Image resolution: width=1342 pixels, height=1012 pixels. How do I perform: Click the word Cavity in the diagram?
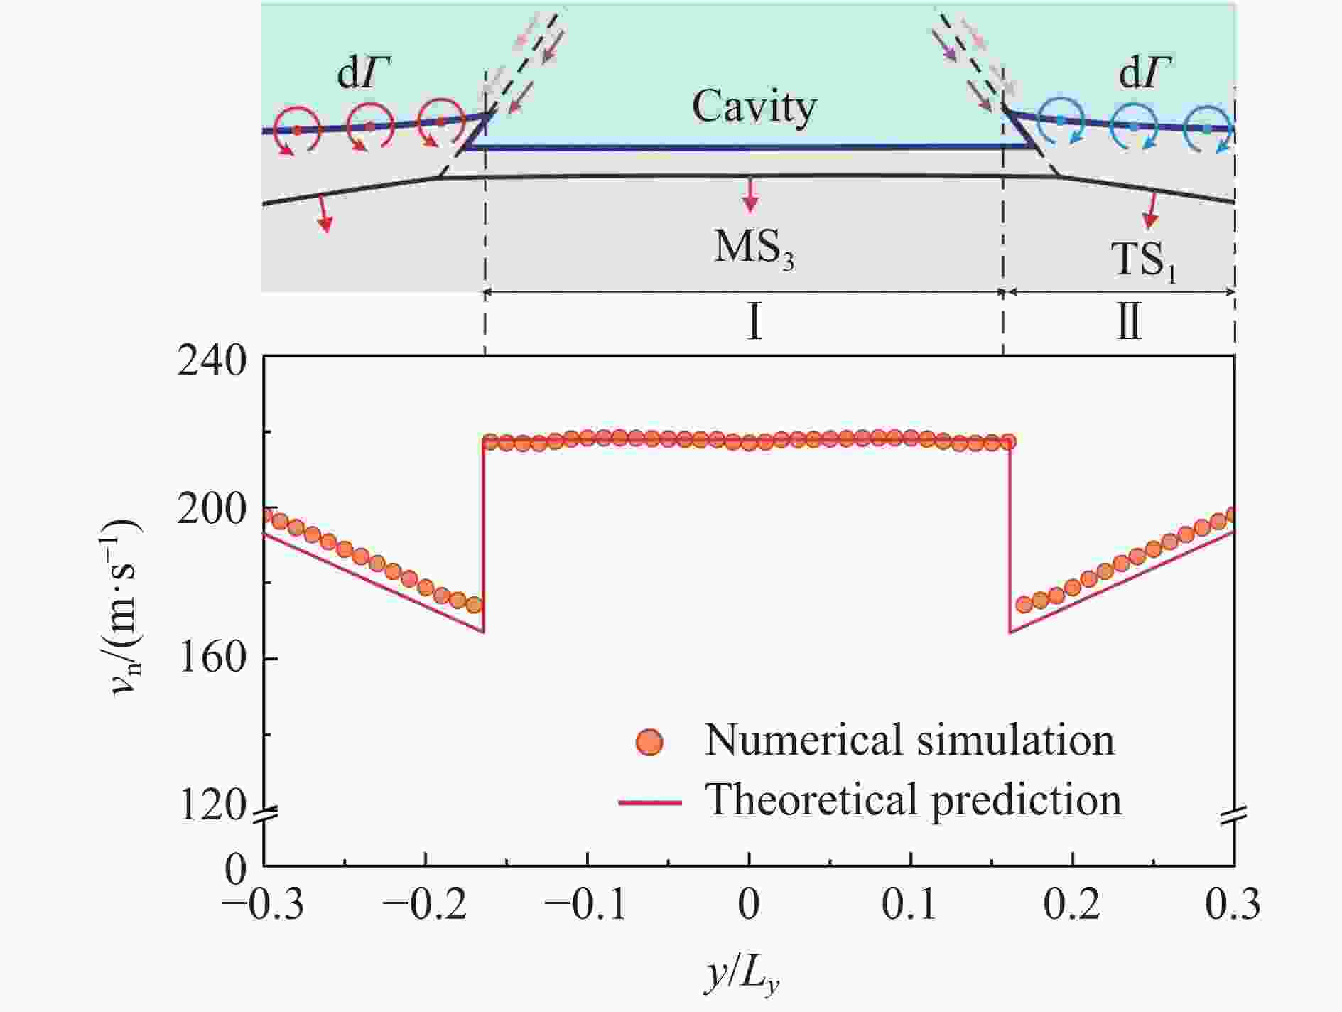754,108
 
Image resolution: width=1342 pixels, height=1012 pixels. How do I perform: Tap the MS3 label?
754,249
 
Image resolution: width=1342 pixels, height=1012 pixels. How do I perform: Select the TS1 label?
1143,261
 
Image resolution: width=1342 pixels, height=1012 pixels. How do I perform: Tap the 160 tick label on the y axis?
212,659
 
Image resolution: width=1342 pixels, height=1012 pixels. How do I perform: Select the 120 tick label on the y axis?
212,806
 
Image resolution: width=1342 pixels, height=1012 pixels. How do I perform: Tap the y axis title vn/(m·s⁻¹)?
126,608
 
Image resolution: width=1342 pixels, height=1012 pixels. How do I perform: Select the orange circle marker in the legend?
649,742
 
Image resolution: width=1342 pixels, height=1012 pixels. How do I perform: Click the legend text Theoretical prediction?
913,800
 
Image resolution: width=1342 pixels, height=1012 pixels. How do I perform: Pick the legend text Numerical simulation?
909,740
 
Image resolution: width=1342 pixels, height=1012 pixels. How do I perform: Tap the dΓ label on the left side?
364,73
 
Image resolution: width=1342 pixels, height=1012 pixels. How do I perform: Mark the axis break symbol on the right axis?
1235,817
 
